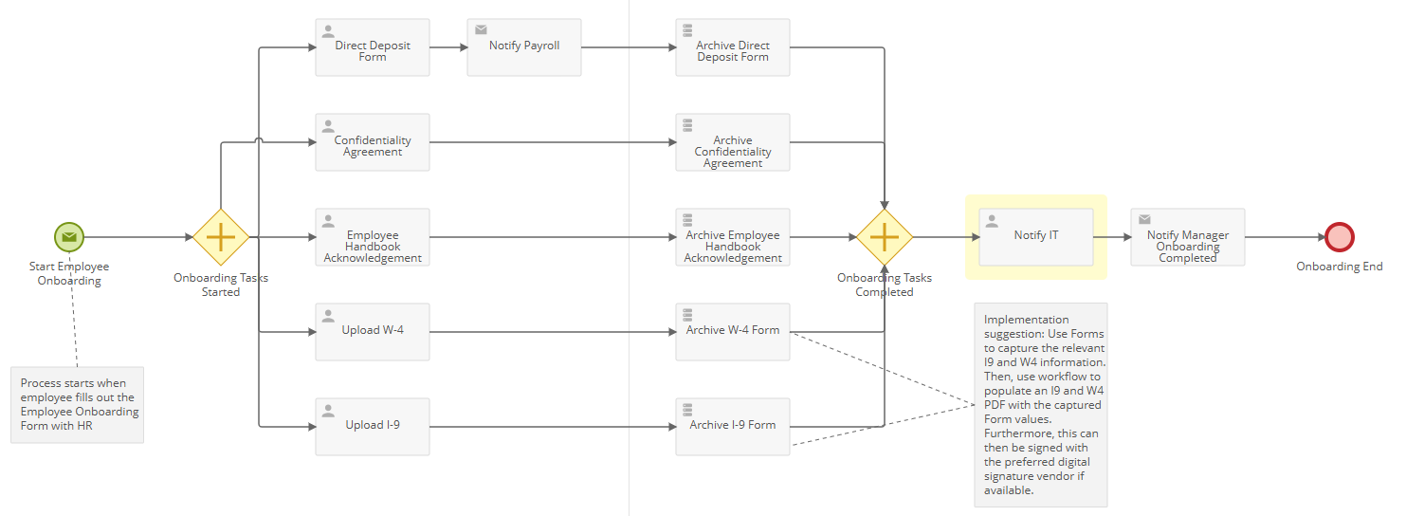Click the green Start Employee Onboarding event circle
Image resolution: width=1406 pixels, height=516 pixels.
coord(69,237)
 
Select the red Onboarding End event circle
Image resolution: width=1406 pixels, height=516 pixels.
coord(1340,237)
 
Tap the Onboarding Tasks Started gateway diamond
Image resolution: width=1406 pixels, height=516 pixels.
coord(221,237)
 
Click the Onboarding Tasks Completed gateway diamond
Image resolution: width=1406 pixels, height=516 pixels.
coord(885,237)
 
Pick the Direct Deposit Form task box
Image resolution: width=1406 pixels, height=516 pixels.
coord(373,47)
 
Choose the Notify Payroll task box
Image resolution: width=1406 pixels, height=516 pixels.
coord(524,47)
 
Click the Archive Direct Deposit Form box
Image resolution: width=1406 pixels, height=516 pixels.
coord(733,47)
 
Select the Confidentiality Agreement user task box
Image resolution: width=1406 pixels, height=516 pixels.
coord(373,142)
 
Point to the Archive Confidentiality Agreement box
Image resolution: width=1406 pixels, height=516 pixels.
coord(733,142)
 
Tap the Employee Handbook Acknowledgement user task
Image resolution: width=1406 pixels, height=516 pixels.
coord(373,237)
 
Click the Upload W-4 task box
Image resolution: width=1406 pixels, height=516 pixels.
coord(373,332)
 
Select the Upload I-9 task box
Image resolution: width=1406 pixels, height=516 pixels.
coord(373,427)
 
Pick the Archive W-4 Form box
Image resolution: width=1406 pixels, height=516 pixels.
coord(733,332)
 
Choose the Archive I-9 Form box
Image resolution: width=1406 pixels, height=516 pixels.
coord(733,427)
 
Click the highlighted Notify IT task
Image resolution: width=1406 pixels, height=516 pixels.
coord(1036,237)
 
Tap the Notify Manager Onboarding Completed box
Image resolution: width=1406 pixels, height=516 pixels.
coord(1188,237)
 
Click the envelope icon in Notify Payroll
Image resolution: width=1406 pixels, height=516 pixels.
coord(481,30)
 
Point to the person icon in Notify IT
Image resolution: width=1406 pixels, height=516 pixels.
coord(993,221)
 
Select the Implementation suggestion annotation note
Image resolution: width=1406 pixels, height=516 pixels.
coord(1041,405)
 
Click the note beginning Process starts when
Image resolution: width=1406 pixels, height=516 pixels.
coord(78,405)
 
